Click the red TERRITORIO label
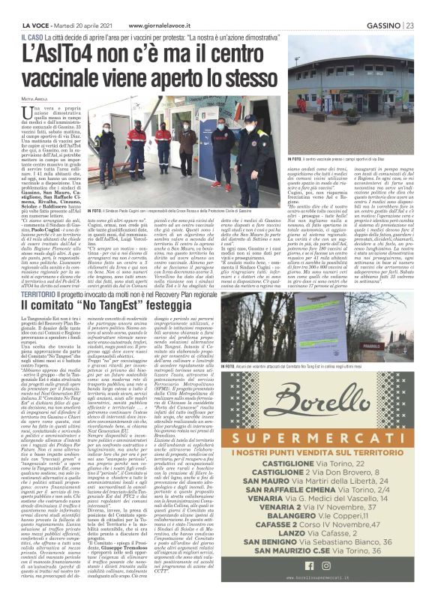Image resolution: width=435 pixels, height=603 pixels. pyautogui.click(x=39, y=274)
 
